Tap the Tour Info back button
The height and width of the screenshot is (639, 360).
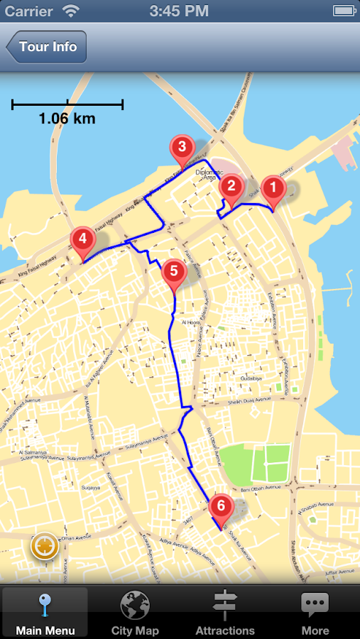pyautogui.click(x=47, y=48)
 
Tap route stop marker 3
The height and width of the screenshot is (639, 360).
pyautogui.click(x=182, y=148)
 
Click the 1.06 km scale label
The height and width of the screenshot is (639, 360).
pyautogui.click(x=67, y=119)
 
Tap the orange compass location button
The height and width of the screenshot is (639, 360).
pyautogui.click(x=44, y=546)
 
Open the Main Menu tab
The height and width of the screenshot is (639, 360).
pyautogui.click(x=44, y=612)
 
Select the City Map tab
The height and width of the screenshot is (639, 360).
pyautogui.click(x=135, y=612)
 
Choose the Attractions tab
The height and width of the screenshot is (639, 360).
pyautogui.click(x=225, y=612)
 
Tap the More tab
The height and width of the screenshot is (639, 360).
pyautogui.click(x=315, y=612)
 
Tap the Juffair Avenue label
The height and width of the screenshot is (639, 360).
pyautogui.click(x=339, y=571)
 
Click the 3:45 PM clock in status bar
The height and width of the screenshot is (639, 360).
pyautogui.click(x=180, y=11)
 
